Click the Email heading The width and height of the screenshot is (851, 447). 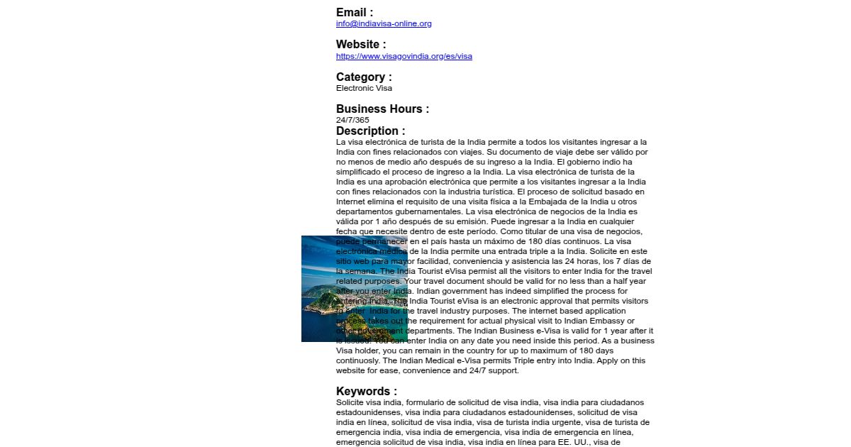[354, 12]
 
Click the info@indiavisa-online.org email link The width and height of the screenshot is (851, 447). [384, 23]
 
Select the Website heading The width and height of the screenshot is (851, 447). [361, 44]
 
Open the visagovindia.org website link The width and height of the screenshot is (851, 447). [404, 56]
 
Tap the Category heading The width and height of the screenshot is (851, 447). [364, 77]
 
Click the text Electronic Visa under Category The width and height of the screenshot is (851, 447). [364, 88]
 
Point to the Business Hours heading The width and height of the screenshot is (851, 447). [382, 109]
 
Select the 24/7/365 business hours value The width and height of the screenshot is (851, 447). [352, 120]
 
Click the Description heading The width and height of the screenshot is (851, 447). [371, 131]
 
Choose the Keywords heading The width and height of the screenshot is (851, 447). [366, 391]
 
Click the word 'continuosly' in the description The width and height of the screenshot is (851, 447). [358, 360]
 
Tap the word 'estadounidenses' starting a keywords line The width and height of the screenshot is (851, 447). [367, 412]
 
